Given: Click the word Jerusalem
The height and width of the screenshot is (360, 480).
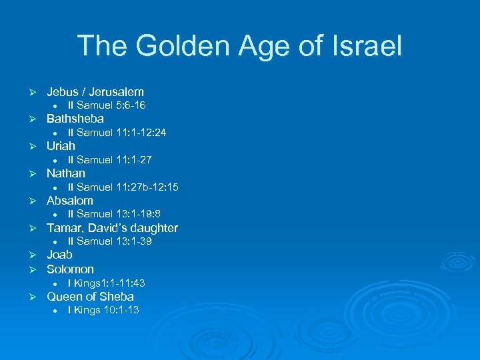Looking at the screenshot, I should [x=115, y=91].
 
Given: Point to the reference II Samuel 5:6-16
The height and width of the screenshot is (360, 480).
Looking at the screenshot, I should [x=107, y=105].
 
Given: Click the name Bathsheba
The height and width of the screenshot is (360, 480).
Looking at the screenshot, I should [x=75, y=119].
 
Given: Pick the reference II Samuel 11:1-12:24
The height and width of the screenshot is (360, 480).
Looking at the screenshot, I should [x=117, y=133].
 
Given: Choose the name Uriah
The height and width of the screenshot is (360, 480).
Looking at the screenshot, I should [x=61, y=146].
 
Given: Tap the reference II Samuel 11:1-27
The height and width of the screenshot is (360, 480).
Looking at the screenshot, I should [x=109, y=160].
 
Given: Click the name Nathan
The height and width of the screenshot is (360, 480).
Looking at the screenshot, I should [x=66, y=173].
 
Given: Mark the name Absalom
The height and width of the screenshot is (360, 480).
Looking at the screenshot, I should [x=70, y=201].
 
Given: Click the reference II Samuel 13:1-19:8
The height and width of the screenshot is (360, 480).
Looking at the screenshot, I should [x=114, y=214].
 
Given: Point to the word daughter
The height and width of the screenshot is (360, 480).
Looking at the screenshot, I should [x=153, y=228].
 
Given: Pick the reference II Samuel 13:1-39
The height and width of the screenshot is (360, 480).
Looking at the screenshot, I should [x=109, y=241].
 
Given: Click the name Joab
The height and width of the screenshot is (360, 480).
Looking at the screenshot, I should [x=59, y=255].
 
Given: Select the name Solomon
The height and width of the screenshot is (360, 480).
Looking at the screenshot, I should [x=70, y=269].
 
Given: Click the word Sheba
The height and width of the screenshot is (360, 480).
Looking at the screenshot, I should [x=117, y=297].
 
